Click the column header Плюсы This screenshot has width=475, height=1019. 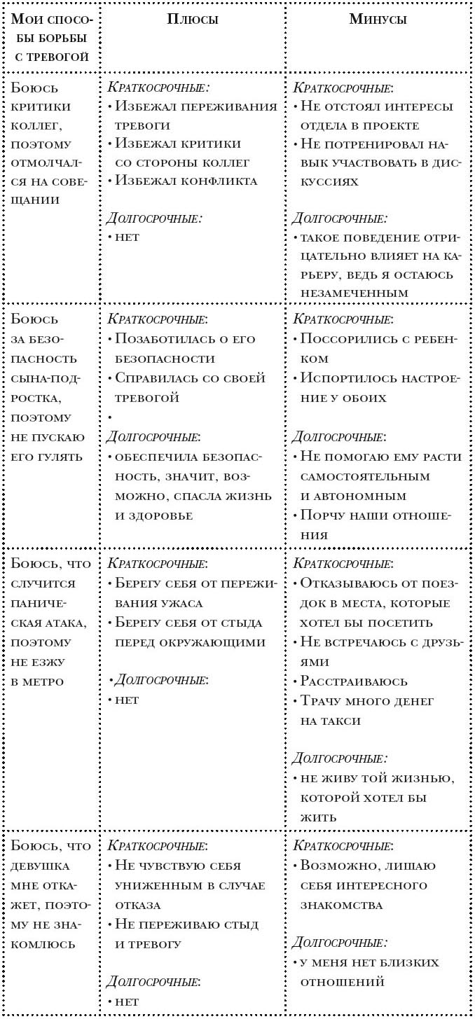click(x=192, y=20)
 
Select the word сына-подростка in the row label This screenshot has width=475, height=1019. click(x=46, y=389)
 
